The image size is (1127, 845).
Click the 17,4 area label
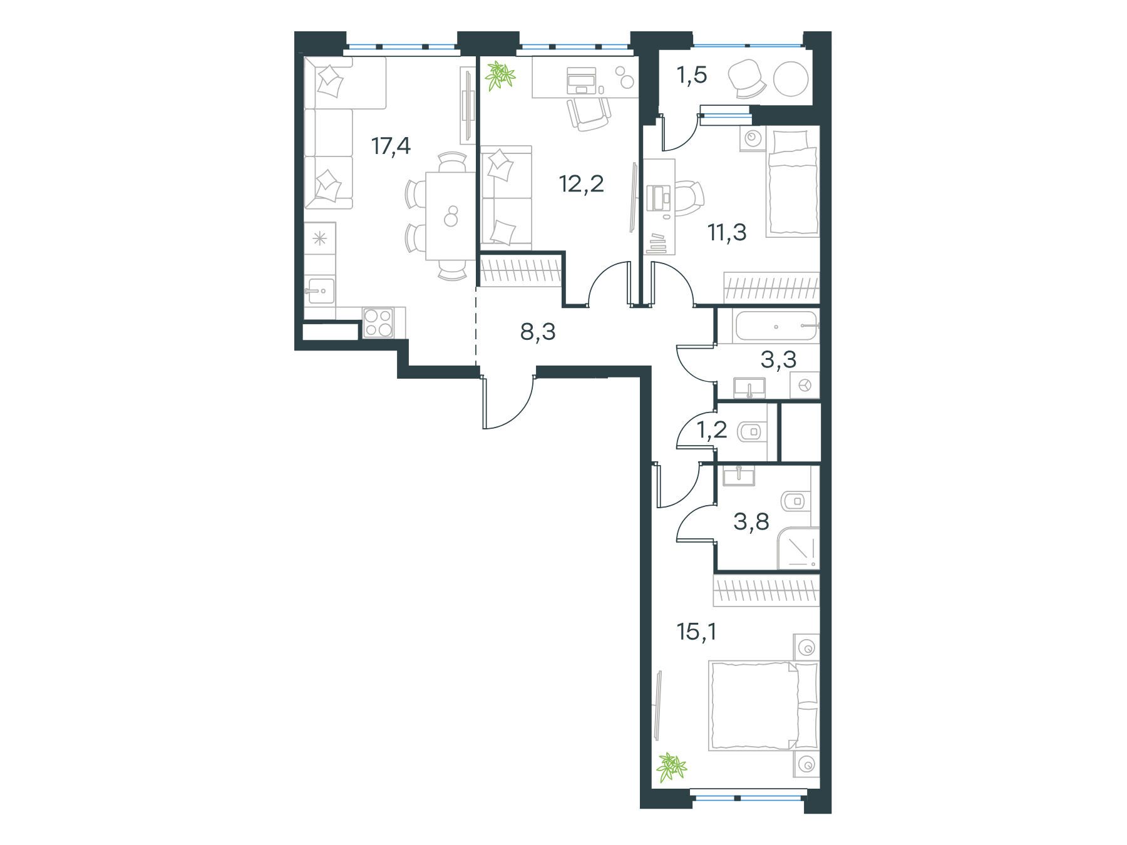(391, 146)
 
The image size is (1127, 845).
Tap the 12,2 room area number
(582, 184)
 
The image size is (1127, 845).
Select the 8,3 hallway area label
(538, 332)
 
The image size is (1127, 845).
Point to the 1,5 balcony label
(692, 75)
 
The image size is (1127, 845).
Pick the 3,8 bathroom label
(751, 521)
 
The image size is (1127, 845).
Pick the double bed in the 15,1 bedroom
(763, 705)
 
